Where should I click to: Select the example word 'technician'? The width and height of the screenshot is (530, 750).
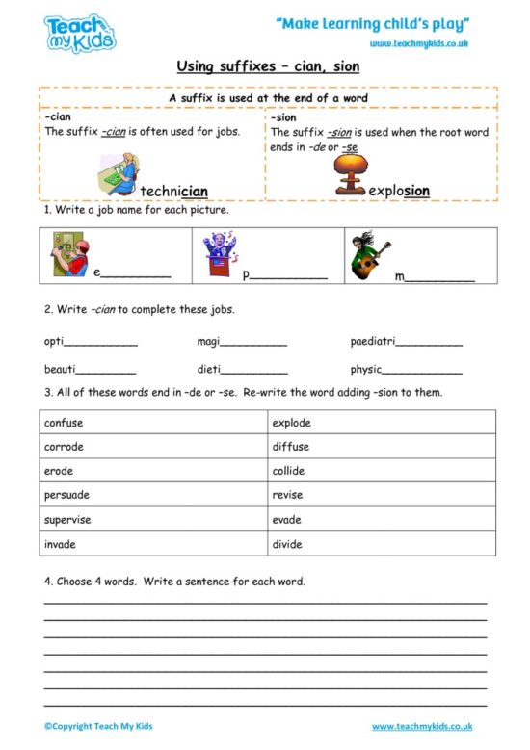[173, 192]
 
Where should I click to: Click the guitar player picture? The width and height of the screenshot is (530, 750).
[370, 256]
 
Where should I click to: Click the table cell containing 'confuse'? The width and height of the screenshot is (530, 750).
[154, 423]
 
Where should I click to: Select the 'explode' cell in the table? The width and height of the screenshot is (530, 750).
[382, 423]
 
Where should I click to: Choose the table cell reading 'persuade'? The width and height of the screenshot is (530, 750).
[154, 495]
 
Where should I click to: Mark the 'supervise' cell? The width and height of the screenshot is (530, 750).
[154, 520]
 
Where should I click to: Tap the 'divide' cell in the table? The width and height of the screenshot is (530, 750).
[382, 544]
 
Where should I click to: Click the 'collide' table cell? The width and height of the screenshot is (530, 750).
[382, 471]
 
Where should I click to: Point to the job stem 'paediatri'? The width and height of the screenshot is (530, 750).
[372, 342]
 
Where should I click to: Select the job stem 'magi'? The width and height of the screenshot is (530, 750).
[209, 342]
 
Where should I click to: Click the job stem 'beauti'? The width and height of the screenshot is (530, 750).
[60, 369]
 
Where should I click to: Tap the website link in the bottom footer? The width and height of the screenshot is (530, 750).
[422, 726]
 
